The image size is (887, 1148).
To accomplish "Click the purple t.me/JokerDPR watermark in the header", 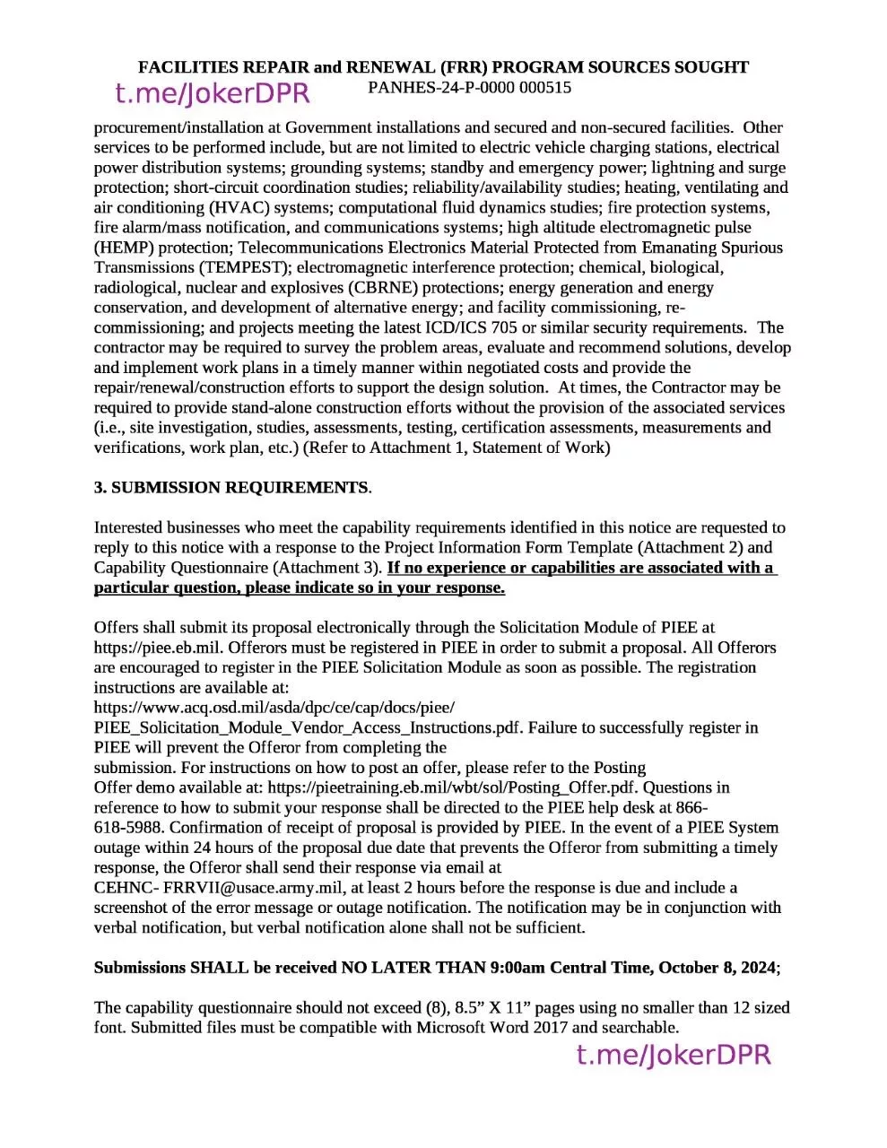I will (x=213, y=93).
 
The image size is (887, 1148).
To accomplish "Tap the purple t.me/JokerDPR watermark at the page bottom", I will (x=673, y=1055).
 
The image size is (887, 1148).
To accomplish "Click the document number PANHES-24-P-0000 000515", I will (x=469, y=88).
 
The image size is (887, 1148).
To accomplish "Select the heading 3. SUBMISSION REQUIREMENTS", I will (x=231, y=488).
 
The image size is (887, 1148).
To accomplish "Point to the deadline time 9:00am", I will (x=517, y=968).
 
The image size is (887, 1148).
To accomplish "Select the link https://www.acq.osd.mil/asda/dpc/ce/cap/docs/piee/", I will (x=274, y=708).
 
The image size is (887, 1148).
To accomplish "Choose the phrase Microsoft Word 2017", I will (x=491, y=1028).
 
